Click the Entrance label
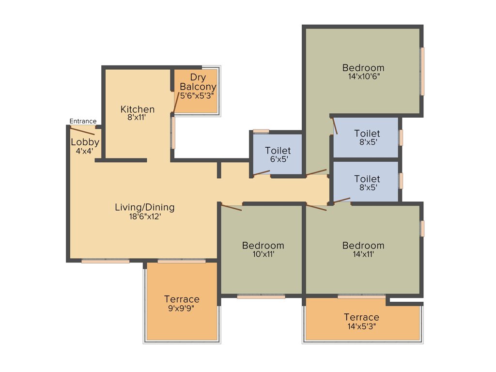(x=83, y=121)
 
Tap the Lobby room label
(x=85, y=142)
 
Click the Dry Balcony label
(x=197, y=82)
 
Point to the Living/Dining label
(x=144, y=207)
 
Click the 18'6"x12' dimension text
(x=144, y=217)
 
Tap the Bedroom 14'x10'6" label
(x=363, y=68)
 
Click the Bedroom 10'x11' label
(x=263, y=246)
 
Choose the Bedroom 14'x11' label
(x=363, y=246)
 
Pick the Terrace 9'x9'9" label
(x=182, y=299)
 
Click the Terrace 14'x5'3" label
(x=361, y=317)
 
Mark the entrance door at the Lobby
(x=82, y=131)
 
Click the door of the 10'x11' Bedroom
(x=232, y=208)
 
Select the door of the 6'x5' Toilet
(x=262, y=172)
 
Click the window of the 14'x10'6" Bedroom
(x=422, y=71)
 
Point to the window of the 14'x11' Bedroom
(x=422, y=229)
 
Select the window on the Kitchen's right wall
(x=173, y=132)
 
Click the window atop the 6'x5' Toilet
(x=261, y=131)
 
